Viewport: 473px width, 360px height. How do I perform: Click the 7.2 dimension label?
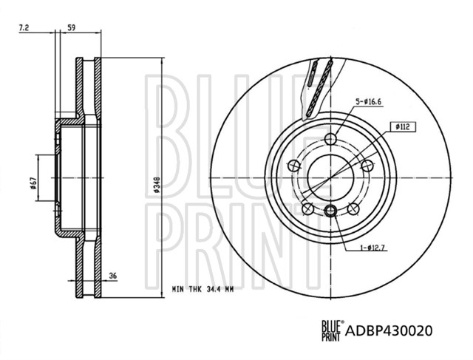pyautogui.click(x=24, y=28)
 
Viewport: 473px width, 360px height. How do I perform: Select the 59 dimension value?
pyautogui.click(x=71, y=28)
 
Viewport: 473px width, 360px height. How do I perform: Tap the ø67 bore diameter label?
pyautogui.click(x=33, y=183)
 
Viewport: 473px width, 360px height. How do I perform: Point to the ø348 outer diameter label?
pyautogui.click(x=156, y=185)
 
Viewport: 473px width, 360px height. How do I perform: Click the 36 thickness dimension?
pyautogui.click(x=113, y=276)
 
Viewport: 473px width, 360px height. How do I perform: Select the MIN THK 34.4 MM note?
pyautogui.click(x=203, y=289)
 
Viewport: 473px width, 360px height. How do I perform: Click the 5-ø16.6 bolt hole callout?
pyautogui.click(x=368, y=102)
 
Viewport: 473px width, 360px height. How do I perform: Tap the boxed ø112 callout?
pyautogui.click(x=402, y=127)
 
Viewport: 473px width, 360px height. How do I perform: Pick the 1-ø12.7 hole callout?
pyautogui.click(x=372, y=248)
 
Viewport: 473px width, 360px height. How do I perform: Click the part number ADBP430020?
pyautogui.click(x=389, y=330)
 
